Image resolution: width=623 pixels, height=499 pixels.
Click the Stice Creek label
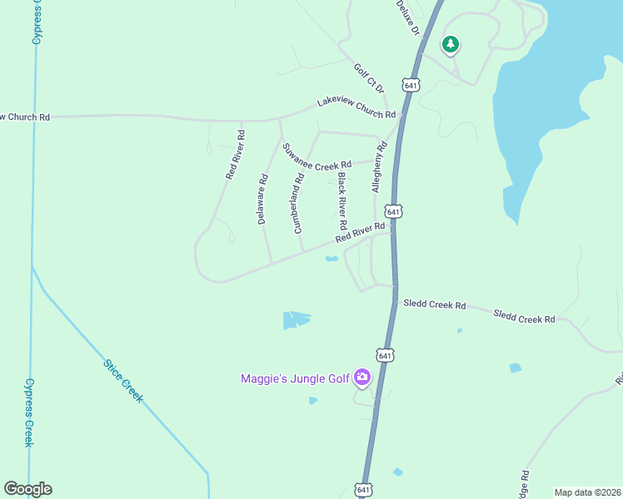click(123, 381)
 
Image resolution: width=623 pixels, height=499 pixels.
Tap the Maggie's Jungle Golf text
click(295, 378)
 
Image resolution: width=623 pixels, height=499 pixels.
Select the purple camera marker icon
click(361, 378)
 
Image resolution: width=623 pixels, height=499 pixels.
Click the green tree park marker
click(451, 44)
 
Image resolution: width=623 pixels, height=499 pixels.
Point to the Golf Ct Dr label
click(369, 79)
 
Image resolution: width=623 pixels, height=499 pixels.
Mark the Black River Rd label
click(341, 202)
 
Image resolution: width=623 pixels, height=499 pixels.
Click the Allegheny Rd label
click(380, 167)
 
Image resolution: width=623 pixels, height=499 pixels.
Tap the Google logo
click(27, 489)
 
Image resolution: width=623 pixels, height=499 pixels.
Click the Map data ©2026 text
click(587, 492)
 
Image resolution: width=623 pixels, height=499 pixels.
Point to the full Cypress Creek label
click(28, 413)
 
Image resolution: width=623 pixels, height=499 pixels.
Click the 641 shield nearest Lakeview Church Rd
click(409, 86)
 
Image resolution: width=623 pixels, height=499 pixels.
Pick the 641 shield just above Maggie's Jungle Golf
click(384, 355)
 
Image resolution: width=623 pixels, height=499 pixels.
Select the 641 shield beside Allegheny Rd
click(395, 212)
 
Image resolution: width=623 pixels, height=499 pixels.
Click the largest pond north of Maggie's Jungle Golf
click(296, 319)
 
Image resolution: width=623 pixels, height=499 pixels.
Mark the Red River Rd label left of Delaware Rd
click(234, 155)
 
